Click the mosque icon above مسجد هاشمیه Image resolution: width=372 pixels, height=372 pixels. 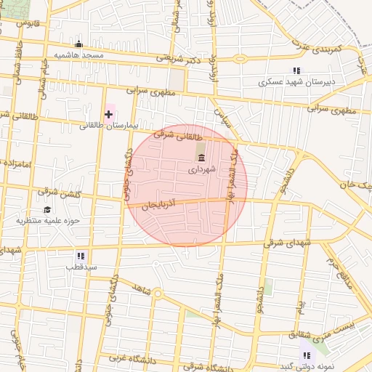(x=78, y=44)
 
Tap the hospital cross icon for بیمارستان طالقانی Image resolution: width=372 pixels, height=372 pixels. (x=109, y=114)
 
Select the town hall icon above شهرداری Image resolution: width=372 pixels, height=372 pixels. (x=201, y=158)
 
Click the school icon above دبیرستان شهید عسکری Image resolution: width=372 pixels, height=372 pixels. (x=296, y=70)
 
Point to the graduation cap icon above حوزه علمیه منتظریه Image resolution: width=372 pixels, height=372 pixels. (x=47, y=209)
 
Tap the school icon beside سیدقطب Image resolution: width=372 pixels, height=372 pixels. (x=81, y=256)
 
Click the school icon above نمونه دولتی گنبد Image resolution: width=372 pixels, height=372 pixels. (x=307, y=355)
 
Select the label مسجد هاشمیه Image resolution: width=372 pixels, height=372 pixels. (x=78, y=55)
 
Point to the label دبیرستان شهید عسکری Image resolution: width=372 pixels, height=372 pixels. (x=298, y=82)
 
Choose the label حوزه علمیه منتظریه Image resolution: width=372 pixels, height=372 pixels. (x=50, y=220)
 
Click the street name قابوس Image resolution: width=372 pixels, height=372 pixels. (x=28, y=23)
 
